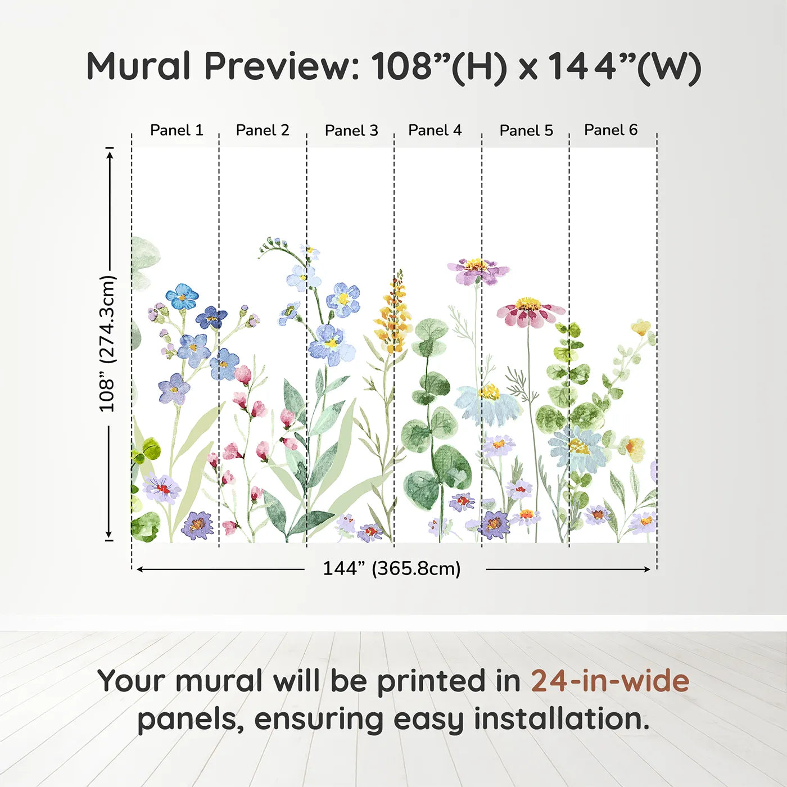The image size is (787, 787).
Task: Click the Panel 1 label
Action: [176, 130]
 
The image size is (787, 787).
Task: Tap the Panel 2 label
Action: [262, 130]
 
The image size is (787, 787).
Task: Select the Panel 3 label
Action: [351, 130]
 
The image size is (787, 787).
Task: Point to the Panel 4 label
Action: [435, 130]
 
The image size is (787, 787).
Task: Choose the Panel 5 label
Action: [526, 130]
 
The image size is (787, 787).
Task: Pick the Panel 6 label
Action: [610, 130]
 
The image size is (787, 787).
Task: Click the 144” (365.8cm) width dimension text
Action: [391, 568]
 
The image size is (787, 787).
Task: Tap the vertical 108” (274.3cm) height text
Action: [107, 343]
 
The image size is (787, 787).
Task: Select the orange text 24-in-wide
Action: [610, 681]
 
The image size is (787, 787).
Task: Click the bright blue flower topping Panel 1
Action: [182, 296]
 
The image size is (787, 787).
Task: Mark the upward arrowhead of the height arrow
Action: [110, 152]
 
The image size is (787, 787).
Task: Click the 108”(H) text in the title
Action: [438, 66]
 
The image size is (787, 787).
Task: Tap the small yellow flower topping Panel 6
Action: [641, 327]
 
